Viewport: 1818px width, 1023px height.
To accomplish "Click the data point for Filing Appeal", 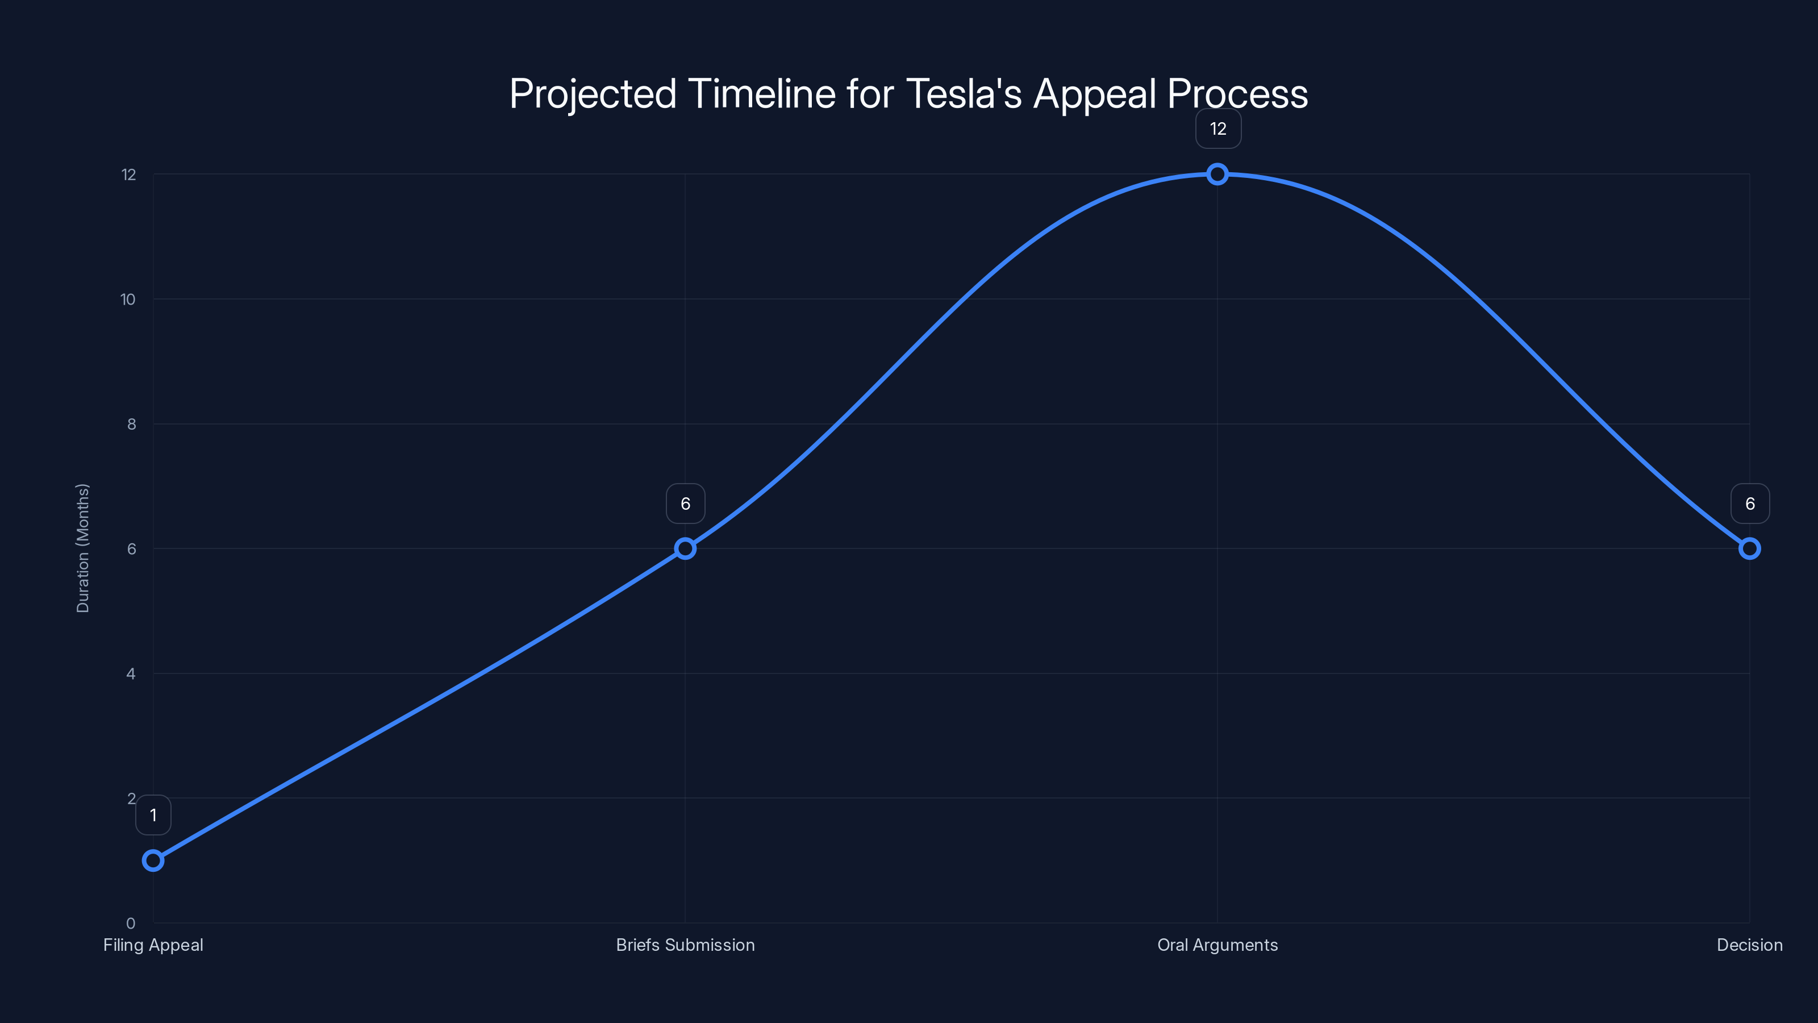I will click(x=153, y=860).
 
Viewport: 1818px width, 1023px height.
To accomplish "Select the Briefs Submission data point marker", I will click(x=685, y=548).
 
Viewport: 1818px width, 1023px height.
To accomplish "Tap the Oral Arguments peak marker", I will click(x=1217, y=174).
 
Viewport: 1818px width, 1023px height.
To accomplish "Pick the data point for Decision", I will click(x=1749, y=548).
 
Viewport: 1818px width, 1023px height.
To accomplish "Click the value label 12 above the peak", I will click(x=1218, y=129).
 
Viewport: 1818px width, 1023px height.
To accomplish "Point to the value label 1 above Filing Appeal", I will click(x=153, y=816).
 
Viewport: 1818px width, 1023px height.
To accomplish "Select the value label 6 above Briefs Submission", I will click(x=685, y=504).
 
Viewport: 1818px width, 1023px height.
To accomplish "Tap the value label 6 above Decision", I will click(x=1750, y=504).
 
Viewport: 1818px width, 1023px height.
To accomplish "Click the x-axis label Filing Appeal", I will click(x=153, y=945).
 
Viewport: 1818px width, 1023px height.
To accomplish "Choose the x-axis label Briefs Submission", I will click(x=685, y=945).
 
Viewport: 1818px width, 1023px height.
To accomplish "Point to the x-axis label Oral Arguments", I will click(x=1217, y=945).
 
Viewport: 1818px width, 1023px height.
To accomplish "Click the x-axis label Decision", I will click(x=1749, y=945).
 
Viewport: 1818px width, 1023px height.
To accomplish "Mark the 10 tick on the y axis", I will click(x=128, y=300).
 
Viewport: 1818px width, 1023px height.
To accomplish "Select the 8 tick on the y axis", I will click(x=131, y=425).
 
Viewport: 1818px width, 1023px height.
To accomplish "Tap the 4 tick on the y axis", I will click(x=131, y=673).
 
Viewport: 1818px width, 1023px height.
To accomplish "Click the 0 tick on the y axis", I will click(x=131, y=923).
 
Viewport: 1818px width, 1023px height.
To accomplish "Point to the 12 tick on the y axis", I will click(x=128, y=174).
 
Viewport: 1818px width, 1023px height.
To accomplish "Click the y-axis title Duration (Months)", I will click(x=82, y=548).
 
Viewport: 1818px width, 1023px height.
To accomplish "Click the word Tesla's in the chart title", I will click(x=964, y=94).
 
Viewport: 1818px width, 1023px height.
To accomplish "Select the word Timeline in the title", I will click(x=761, y=94).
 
